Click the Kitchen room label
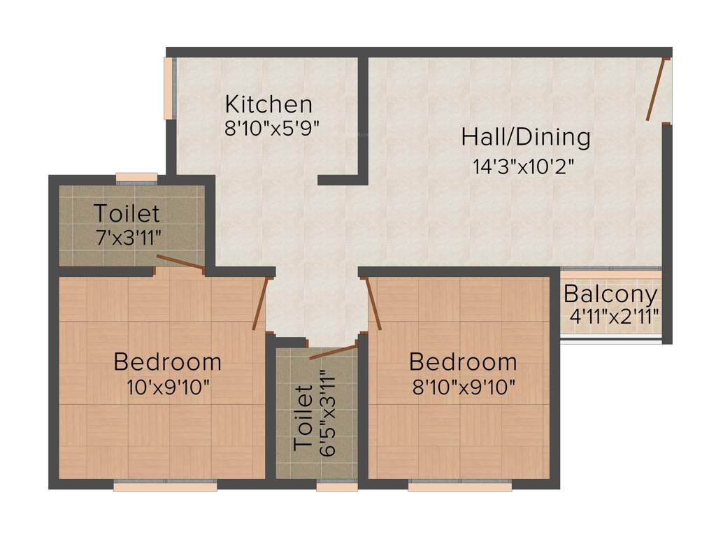[x=268, y=105]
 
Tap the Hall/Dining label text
[x=525, y=137]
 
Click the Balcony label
[x=611, y=294]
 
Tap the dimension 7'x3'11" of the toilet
[x=129, y=236]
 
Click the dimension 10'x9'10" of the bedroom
[x=168, y=387]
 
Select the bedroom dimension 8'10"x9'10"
[x=464, y=387]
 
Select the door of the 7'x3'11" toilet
[x=180, y=262]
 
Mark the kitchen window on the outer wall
[x=169, y=87]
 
